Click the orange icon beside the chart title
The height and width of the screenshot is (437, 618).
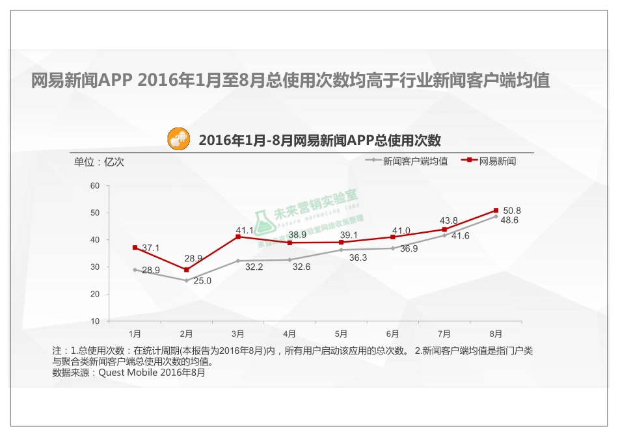click(179, 139)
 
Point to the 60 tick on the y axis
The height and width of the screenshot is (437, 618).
click(95, 186)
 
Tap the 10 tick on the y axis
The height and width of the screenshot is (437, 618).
click(95, 321)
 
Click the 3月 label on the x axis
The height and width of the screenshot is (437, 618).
click(238, 334)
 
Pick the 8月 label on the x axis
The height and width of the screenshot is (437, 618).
click(496, 334)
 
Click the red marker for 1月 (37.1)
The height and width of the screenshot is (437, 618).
click(135, 248)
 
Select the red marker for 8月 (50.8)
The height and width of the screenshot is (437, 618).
click(496, 211)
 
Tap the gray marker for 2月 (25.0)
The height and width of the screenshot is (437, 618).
click(186, 280)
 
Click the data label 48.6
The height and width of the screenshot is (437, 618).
click(509, 221)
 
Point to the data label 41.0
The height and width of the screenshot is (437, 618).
click(401, 230)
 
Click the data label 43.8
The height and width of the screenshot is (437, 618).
click(449, 220)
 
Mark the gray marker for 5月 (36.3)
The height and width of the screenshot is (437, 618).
click(341, 250)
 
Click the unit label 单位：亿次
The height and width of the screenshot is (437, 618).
click(98, 162)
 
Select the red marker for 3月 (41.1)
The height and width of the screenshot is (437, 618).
click(238, 237)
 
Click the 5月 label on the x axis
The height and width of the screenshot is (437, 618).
click(341, 334)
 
